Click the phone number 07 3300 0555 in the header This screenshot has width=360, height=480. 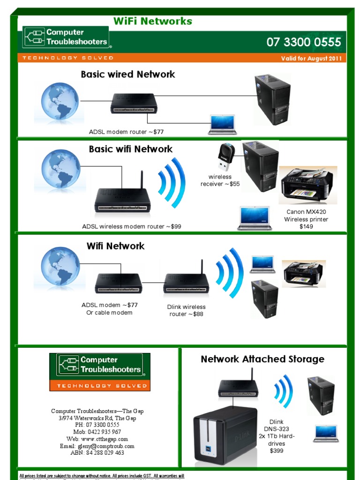coord(304,42)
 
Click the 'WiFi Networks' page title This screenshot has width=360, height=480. coord(153,21)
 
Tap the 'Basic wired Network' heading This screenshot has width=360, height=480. coord(127,74)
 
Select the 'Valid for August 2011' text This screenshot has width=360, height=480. coord(312,59)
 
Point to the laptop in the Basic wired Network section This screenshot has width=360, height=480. coord(222,125)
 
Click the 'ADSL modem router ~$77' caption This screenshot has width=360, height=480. coord(126,132)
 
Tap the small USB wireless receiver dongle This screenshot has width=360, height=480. coord(227,157)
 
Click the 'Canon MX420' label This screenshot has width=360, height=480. coord(307,212)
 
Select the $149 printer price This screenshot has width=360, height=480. coord(306,227)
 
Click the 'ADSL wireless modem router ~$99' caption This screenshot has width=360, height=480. coord(131,226)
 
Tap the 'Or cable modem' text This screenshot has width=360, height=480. coord(109,313)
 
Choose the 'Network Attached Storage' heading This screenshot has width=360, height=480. coord(262,359)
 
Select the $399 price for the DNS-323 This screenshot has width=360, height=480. coord(277,451)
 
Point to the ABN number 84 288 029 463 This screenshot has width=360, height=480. coord(97,453)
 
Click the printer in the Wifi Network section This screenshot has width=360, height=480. coord(303,273)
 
